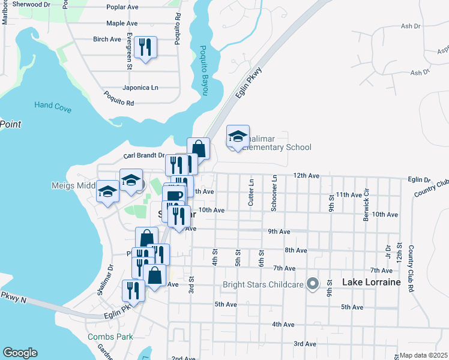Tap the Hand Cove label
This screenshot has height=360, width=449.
(53, 104)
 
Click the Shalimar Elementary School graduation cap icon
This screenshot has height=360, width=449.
(238, 137)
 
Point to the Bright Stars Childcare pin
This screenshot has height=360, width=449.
(312, 283)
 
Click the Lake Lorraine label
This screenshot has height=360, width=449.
(370, 281)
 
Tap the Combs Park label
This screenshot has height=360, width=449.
(110, 337)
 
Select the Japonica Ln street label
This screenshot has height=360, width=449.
(140, 88)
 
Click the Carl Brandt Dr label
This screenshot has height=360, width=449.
(144, 155)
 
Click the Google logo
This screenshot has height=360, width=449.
(20, 353)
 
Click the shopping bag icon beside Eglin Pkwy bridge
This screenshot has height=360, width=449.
(198, 148)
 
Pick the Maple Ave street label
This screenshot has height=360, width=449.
(122, 23)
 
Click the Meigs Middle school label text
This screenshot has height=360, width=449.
(74, 186)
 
